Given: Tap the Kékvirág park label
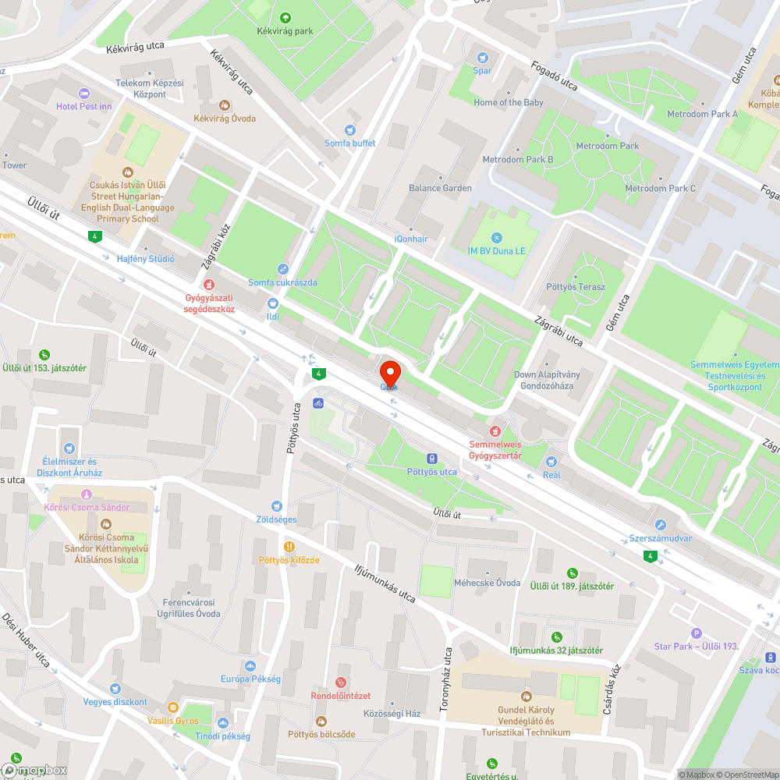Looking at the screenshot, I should (x=285, y=32).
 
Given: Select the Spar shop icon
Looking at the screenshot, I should (x=482, y=57).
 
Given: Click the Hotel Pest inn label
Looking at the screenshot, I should (x=84, y=106).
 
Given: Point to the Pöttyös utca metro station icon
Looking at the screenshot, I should (x=431, y=459).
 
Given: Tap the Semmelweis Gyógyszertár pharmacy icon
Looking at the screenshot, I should (x=494, y=431).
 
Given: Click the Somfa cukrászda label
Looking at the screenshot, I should (x=282, y=282).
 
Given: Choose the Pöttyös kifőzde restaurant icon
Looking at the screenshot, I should (x=289, y=547).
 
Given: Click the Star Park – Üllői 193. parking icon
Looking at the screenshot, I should (x=697, y=633).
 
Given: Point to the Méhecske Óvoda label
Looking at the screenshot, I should (x=487, y=583).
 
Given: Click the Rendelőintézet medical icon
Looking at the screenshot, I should (x=340, y=682).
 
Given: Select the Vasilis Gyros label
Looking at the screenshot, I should (x=173, y=721).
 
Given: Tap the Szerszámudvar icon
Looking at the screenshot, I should (x=661, y=525).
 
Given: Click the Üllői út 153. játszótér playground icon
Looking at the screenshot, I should (x=44, y=354).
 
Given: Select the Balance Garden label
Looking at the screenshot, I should (x=440, y=188).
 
